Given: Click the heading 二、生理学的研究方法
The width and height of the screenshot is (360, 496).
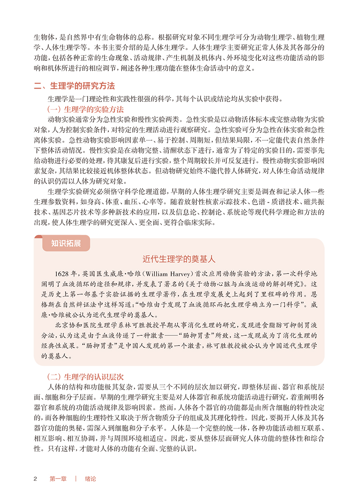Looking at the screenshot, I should tap(74, 86).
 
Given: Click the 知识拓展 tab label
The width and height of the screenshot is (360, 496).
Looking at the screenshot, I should tap(66, 243).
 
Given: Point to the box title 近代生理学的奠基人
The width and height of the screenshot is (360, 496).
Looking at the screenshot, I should tap(179, 259).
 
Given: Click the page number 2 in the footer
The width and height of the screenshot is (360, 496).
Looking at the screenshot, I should tap(35, 478).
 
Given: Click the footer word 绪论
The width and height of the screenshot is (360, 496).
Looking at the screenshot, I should tap(90, 478).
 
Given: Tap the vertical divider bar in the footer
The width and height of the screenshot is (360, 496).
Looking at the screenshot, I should tap(76, 478).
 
